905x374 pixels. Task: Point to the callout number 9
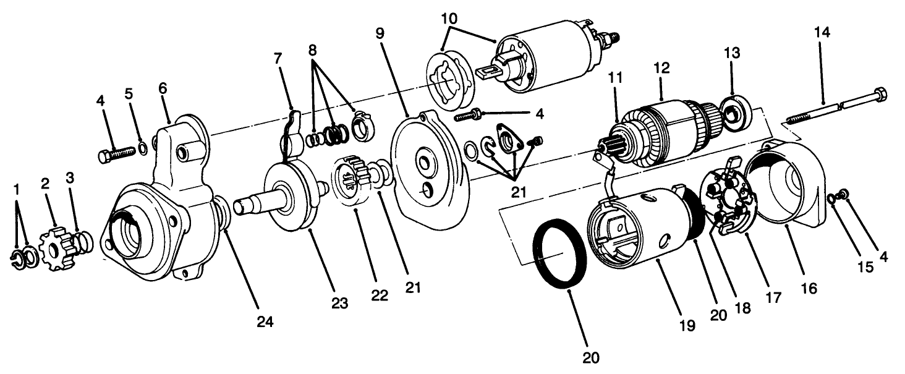(380, 33)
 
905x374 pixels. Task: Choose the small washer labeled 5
(143, 148)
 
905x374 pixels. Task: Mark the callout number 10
(450, 18)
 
